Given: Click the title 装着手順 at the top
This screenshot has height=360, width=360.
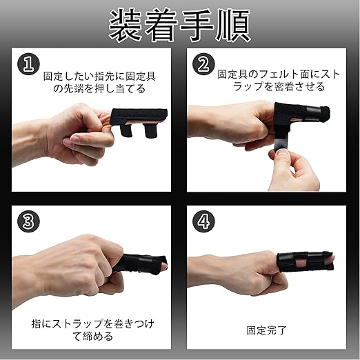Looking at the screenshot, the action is (x=180, y=26).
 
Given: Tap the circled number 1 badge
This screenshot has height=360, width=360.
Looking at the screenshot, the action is (x=28, y=64).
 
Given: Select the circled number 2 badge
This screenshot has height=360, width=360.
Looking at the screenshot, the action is (x=203, y=64).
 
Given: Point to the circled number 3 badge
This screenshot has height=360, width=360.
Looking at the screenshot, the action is (x=28, y=221).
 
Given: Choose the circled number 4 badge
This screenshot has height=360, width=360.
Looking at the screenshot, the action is (x=203, y=221).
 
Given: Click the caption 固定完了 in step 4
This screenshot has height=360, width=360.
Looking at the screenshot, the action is (x=266, y=330).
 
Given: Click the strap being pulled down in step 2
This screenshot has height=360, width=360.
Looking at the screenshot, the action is (x=281, y=141).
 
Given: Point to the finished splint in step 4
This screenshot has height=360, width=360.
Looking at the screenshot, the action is (x=305, y=262).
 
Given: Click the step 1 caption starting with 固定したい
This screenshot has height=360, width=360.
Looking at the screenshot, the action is (x=99, y=82).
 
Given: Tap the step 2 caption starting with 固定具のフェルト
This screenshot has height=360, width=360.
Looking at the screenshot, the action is (x=279, y=81).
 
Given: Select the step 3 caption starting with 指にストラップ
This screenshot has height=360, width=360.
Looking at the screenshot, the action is (x=92, y=330).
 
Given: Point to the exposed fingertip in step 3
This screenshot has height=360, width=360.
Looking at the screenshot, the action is (x=164, y=266).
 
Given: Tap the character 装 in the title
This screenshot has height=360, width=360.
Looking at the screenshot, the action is (x=126, y=26).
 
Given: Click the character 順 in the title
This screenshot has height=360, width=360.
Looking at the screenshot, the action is (x=233, y=26).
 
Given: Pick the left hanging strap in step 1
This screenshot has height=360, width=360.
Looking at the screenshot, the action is (x=126, y=130).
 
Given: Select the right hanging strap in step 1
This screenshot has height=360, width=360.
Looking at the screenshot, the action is (x=150, y=131).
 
